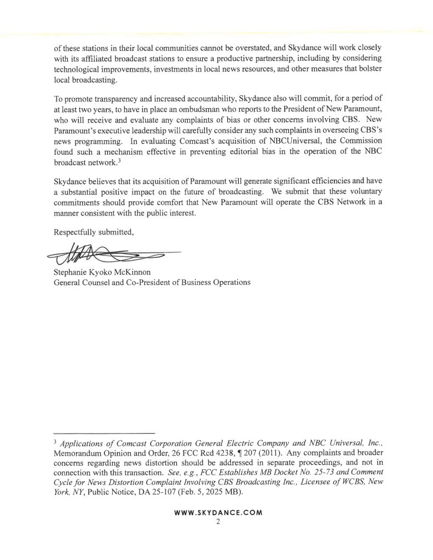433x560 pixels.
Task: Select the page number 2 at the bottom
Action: [x=217, y=522]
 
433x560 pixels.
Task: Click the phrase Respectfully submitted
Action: [x=94, y=232]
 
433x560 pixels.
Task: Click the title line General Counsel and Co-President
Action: [x=151, y=282]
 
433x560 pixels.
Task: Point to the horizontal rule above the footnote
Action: [x=105, y=433]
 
